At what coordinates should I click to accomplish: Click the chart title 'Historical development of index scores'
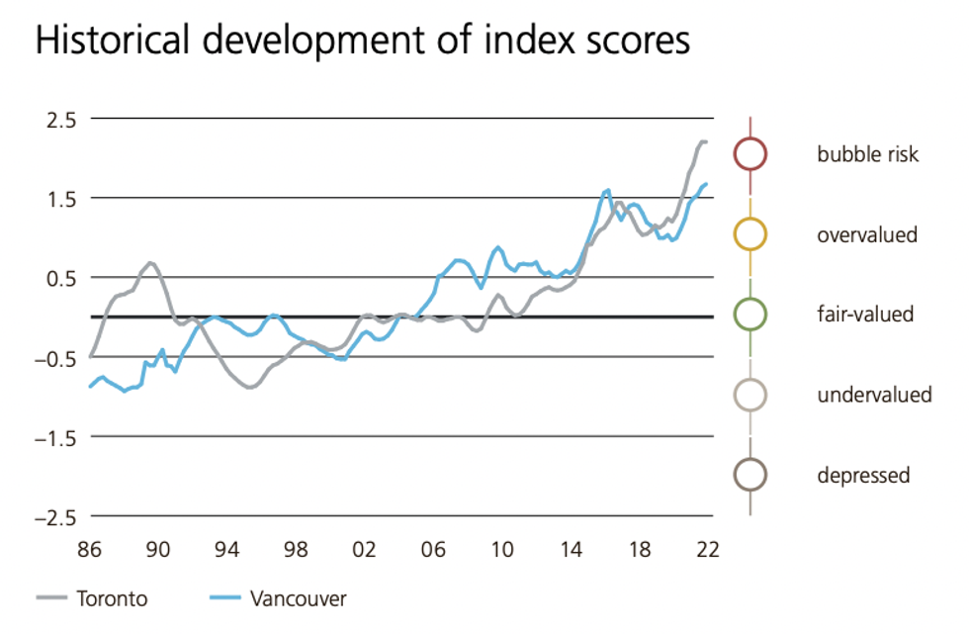tap(362, 42)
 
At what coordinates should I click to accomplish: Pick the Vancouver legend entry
tap(298, 598)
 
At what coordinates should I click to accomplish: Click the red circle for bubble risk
tap(749, 154)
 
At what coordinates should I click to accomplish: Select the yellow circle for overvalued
tap(749, 234)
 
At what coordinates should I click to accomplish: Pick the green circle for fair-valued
tap(749, 315)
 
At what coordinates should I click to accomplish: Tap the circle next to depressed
tap(749, 475)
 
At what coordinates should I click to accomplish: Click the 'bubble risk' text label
tap(867, 154)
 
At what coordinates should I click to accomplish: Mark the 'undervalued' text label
tap(874, 395)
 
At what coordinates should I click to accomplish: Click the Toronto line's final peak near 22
tap(703, 141)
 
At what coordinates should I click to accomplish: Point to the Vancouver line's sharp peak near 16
tap(607, 190)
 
